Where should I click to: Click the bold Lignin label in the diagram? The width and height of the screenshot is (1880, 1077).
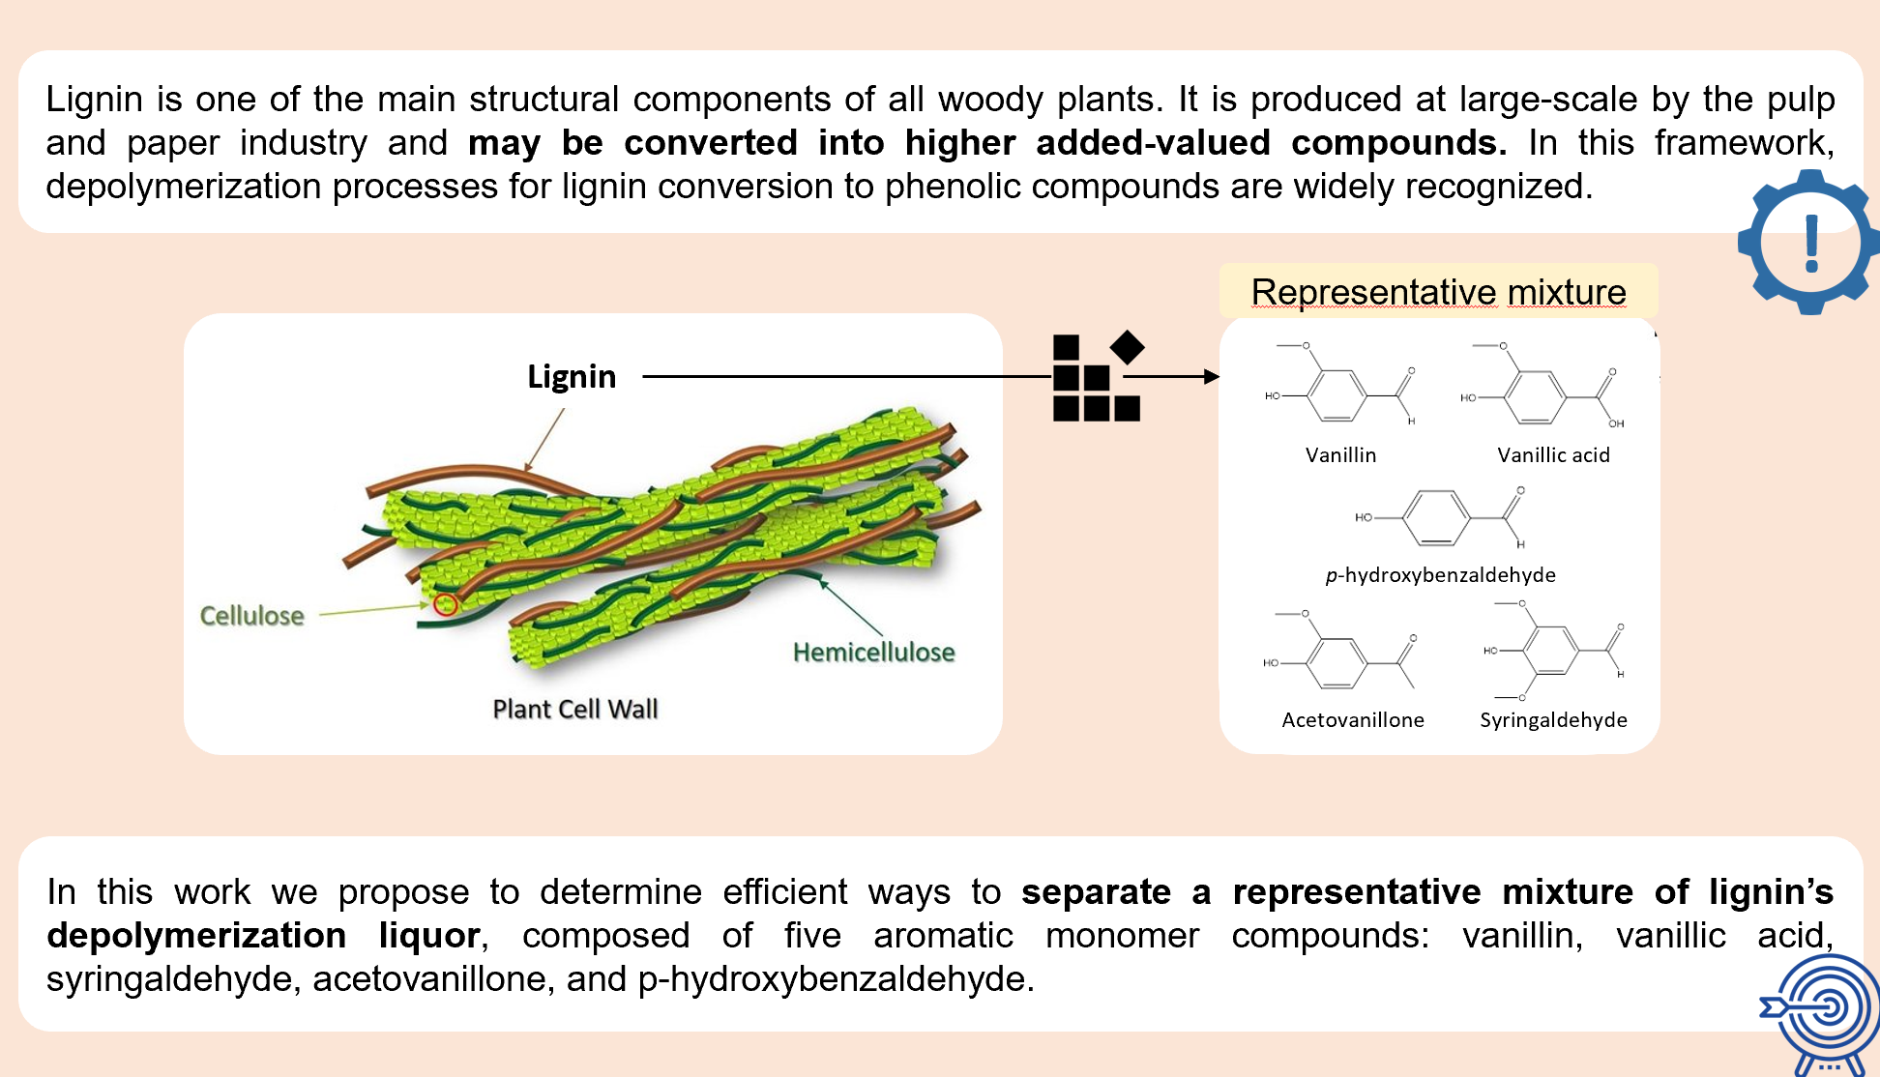point(572,376)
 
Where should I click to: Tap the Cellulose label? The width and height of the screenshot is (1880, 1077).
point(251,616)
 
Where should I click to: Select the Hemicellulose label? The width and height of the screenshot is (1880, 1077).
point(873,653)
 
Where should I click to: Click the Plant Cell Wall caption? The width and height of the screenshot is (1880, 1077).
point(575,710)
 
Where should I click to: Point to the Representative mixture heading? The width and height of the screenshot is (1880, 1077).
point(1438,292)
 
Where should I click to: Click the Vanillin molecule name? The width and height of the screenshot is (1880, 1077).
point(1340,455)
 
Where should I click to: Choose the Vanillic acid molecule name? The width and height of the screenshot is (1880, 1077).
point(1553,455)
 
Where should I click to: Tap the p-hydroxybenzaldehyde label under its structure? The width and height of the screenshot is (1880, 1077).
point(1440,575)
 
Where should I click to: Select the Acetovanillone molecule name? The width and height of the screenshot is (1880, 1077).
point(1352,720)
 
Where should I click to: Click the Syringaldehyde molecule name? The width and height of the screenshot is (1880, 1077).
point(1553,720)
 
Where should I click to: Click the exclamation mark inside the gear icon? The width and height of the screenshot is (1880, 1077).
point(1811,243)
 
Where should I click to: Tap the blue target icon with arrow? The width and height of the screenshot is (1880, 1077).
point(1823,1010)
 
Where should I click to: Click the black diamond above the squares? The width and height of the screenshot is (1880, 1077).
point(1127,347)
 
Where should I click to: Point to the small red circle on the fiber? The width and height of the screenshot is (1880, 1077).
point(445,605)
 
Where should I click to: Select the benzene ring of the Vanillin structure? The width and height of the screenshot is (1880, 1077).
point(1337,395)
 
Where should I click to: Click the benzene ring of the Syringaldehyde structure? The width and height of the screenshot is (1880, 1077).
point(1550,650)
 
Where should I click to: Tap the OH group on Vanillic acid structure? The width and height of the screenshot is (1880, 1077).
point(1616,423)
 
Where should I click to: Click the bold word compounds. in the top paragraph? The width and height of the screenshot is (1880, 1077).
point(1398,143)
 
